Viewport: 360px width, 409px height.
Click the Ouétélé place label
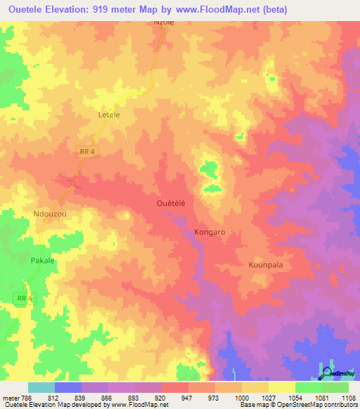(170, 202)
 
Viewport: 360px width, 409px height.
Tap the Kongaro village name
(209, 231)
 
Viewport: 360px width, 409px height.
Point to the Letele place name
(108, 114)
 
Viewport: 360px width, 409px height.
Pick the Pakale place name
(42, 260)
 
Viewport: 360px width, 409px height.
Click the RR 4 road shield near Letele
(86, 151)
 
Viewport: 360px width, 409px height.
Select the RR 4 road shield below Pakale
(24, 299)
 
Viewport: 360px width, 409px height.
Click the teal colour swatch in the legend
(41, 387)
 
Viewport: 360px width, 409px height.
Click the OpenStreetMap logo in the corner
(334, 372)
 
